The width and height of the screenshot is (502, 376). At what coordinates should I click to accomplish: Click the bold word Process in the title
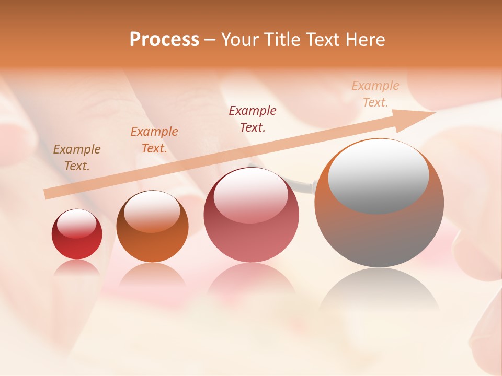tap(164, 40)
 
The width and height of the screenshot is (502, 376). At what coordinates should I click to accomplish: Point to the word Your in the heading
tap(240, 40)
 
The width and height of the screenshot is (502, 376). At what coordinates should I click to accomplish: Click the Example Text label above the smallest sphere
tap(77, 158)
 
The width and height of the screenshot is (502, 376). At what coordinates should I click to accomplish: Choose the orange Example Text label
tap(154, 140)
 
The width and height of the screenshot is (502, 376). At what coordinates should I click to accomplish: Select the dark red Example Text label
tap(253, 119)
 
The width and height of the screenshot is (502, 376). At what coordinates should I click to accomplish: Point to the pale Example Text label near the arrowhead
tap(375, 94)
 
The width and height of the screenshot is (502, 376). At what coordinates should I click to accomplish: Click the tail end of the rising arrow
tap(48, 194)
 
